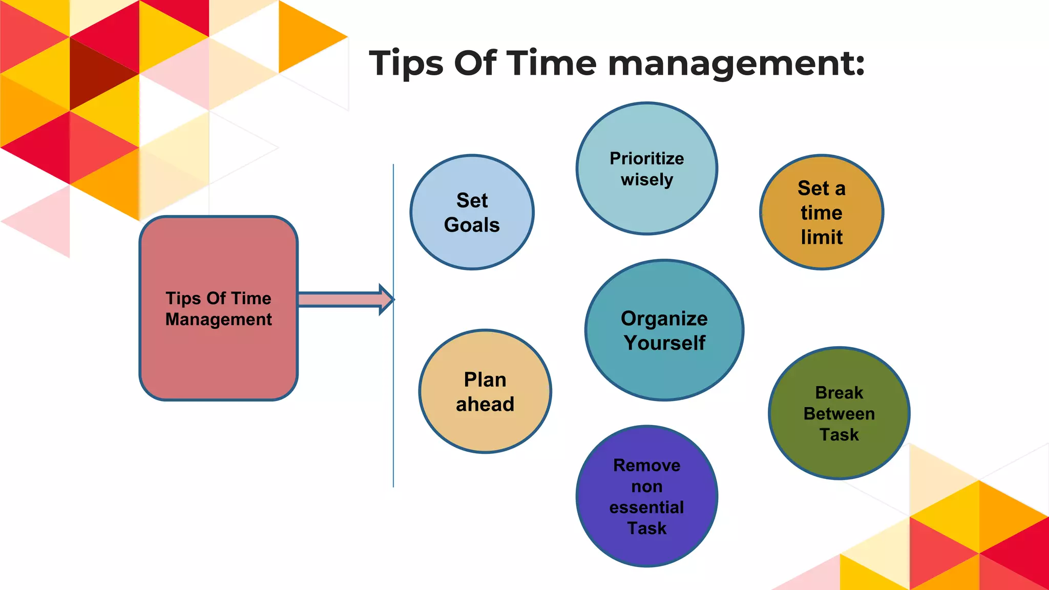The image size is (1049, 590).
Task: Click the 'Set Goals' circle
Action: [x=472, y=212]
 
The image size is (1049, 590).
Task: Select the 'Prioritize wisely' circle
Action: [x=646, y=168]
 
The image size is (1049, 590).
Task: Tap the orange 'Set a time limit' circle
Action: [x=822, y=212]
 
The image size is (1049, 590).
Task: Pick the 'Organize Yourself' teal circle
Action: [x=664, y=330]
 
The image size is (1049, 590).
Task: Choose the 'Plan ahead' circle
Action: [x=485, y=391]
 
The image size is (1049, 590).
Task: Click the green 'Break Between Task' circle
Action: [x=839, y=413]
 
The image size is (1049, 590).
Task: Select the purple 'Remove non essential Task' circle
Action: [x=646, y=496]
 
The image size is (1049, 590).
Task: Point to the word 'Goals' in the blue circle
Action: [x=472, y=225]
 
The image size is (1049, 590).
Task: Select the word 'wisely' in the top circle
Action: [x=647, y=180]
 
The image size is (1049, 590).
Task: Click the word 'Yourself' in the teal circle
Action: [x=664, y=343]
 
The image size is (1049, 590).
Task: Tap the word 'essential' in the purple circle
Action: [x=646, y=507]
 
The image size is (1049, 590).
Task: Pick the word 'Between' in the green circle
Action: [x=839, y=413]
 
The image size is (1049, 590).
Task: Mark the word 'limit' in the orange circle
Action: [x=822, y=237]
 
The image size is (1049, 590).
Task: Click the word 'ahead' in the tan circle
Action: [x=485, y=404]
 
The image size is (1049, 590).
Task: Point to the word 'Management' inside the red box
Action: [x=219, y=320]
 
